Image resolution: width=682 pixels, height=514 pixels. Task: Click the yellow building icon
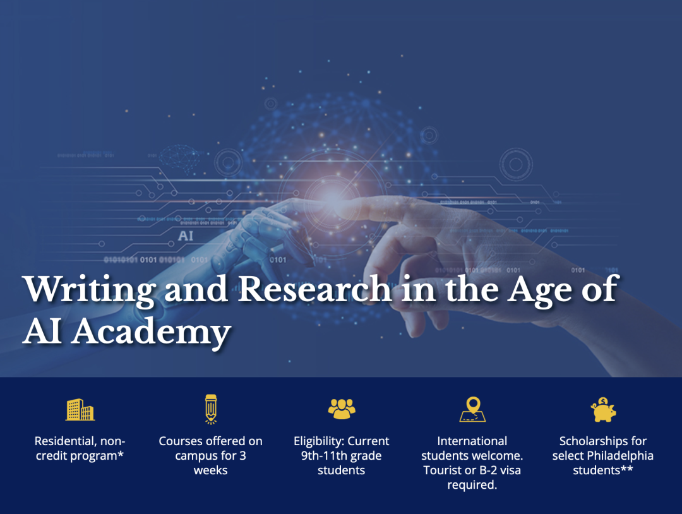click(x=80, y=410)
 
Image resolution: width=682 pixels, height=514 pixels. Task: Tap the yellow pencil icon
click(x=211, y=409)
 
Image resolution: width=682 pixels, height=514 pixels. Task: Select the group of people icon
click(x=342, y=409)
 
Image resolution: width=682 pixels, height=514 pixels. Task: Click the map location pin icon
click(x=472, y=409)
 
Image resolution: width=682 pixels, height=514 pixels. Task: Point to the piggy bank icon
click(x=603, y=410)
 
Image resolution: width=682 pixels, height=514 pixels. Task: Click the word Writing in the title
click(x=90, y=290)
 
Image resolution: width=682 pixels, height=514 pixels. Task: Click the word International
click(x=472, y=441)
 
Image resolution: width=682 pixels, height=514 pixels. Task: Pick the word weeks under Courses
click(x=210, y=470)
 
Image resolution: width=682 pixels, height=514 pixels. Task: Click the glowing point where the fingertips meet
click(x=332, y=196)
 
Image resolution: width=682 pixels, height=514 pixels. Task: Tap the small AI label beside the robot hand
click(x=186, y=236)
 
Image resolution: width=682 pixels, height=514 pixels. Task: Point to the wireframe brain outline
click(x=179, y=157)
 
